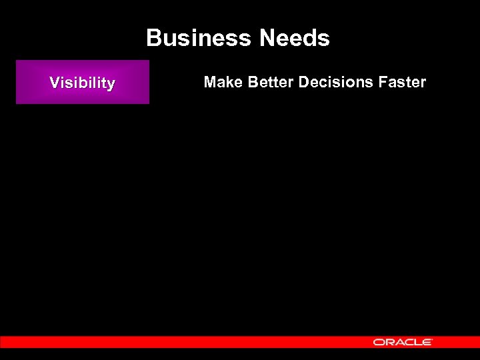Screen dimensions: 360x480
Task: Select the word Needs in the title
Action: pyautogui.click(x=295, y=39)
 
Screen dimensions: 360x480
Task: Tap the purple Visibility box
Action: pyautogui.click(x=83, y=82)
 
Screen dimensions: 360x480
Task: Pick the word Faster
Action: pyautogui.click(x=402, y=82)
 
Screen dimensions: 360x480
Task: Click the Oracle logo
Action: pyautogui.click(x=403, y=342)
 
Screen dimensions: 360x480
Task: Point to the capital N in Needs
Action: pyautogui.click(x=268, y=39)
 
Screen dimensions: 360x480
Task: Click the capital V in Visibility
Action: pyautogui.click(x=55, y=83)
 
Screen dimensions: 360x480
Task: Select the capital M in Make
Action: pyautogui.click(x=210, y=82)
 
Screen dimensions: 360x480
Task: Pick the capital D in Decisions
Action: pyautogui.click(x=304, y=82)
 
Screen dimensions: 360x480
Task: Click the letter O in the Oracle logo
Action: pyautogui.click(x=379, y=342)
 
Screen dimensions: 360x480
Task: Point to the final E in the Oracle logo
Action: pyautogui.click(x=428, y=342)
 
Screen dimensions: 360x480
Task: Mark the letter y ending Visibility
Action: pyautogui.click(x=111, y=85)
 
